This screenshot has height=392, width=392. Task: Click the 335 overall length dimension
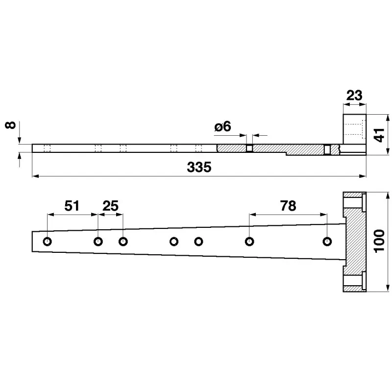(199, 167)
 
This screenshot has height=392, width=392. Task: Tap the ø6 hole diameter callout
(223, 126)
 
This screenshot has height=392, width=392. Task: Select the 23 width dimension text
(354, 96)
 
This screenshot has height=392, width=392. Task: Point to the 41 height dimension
(379, 135)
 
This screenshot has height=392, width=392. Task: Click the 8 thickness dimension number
(10, 125)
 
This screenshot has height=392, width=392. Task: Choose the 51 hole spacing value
(72, 206)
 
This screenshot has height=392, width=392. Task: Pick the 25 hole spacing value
(110, 206)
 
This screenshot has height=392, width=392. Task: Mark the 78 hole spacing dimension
(288, 206)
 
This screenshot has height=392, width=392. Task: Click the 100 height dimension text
(379, 242)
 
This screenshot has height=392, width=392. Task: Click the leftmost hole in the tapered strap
(48, 242)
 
